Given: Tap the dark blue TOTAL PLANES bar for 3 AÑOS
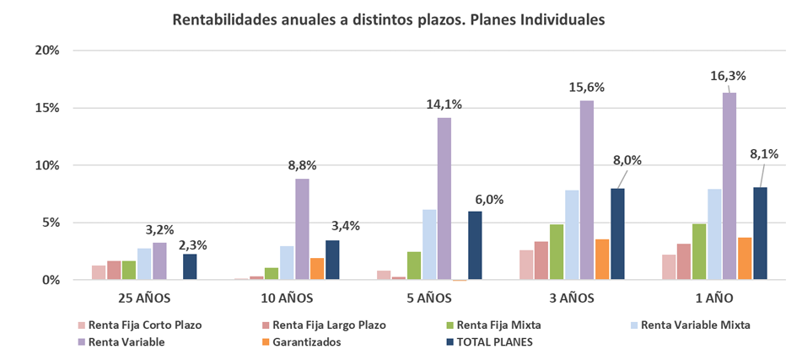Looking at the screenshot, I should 618,234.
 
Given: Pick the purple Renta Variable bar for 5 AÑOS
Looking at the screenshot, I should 444,198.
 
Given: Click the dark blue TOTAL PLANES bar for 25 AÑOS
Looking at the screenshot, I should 190,266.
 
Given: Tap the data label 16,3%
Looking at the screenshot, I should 729,76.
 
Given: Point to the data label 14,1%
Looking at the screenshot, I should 444,105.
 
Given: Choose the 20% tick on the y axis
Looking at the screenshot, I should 46,51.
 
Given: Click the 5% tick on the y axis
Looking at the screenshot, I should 50,223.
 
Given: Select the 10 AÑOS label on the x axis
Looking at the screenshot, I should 287,298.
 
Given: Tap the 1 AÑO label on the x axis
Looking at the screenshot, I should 713,298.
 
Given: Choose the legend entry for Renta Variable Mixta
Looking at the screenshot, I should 695,325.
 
